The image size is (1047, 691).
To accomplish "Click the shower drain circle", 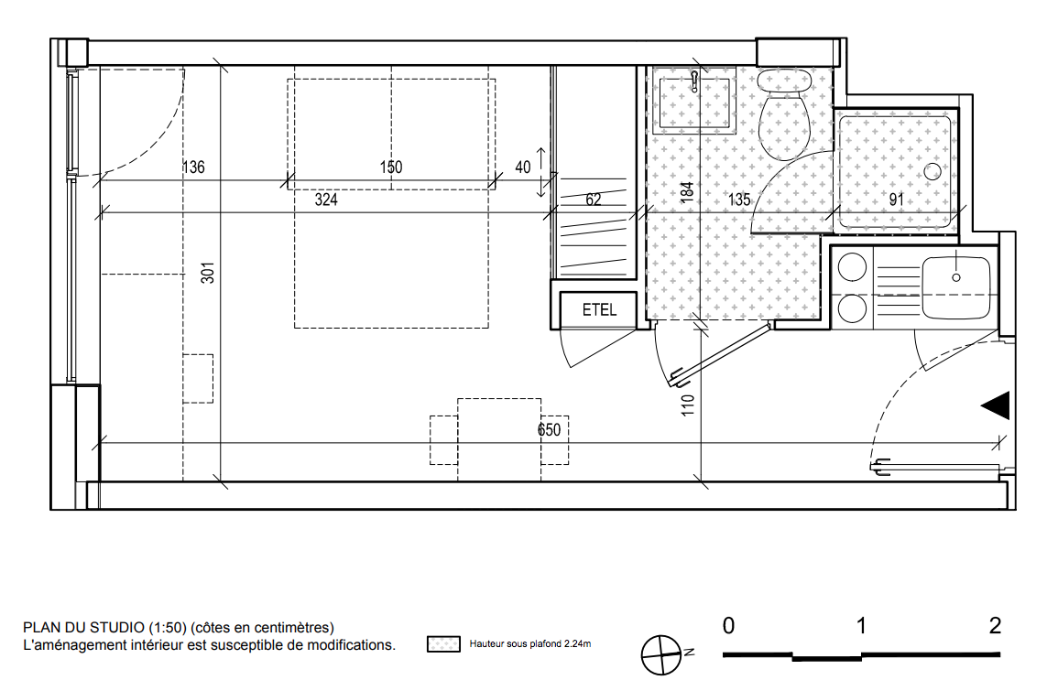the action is (932, 171).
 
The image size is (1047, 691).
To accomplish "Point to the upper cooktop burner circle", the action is (852, 267).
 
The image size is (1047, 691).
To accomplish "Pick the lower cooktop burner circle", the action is (852, 308).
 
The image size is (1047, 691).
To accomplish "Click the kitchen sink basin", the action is (955, 287).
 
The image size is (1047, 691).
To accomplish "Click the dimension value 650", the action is (549, 430).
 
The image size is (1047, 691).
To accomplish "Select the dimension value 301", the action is (208, 273).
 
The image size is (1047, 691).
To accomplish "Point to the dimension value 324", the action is (326, 200).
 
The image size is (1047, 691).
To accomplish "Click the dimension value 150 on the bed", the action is (391, 167).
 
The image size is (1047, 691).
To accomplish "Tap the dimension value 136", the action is (193, 167).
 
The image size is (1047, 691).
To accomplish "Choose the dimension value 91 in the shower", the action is (896, 200).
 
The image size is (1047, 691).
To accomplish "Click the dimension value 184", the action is (686, 192).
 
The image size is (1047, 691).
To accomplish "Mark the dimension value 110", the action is (688, 405).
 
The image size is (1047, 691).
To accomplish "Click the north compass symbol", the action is (662, 655).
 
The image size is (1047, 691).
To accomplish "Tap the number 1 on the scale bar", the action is (861, 626).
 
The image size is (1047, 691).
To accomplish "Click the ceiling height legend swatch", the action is (443, 644).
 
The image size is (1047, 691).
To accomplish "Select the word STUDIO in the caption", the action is (117, 628).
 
